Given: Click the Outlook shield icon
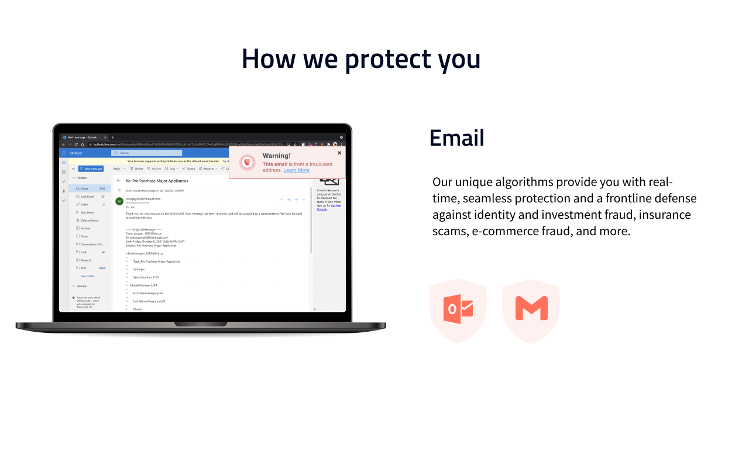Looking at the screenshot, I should [x=458, y=309].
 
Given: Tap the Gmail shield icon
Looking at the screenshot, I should [x=531, y=309].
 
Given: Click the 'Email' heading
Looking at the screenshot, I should [x=456, y=138].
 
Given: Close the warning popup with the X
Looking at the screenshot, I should [x=339, y=153].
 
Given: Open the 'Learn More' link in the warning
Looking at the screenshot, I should [x=296, y=170].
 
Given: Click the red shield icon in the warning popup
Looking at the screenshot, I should [x=248, y=163].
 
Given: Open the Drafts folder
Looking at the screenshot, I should [x=85, y=204].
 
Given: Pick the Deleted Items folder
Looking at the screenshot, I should [x=90, y=221].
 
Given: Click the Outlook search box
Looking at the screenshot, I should [x=146, y=153].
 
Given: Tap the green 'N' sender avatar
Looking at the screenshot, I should [x=119, y=201].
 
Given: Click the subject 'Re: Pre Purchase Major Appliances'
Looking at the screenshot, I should [x=157, y=181].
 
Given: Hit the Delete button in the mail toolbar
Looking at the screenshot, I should [x=137, y=168].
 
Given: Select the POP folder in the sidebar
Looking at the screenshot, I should [x=83, y=268].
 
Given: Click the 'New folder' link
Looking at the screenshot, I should [x=88, y=276].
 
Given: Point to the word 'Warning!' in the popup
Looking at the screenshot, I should [x=276, y=156].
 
